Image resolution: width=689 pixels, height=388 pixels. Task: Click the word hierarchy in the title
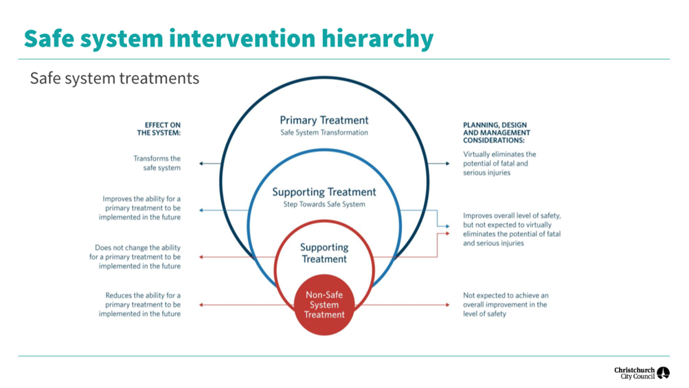click(x=377, y=38)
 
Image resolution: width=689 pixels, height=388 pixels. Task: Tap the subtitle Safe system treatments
click(x=115, y=78)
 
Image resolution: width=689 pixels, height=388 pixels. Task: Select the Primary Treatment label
click(x=324, y=120)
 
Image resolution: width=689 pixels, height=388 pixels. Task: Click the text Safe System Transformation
click(x=324, y=133)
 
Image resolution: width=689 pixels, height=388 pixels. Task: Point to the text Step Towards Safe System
click(x=324, y=204)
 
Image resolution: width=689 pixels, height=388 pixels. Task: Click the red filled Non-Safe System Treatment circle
click(x=324, y=305)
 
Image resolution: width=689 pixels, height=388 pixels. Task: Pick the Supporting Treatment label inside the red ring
click(x=324, y=253)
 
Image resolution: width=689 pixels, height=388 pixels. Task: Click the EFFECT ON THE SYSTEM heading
click(x=159, y=128)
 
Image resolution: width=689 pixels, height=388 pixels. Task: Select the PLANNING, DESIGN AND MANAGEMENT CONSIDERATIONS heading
click(x=497, y=133)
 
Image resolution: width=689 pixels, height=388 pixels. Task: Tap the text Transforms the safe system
click(x=157, y=163)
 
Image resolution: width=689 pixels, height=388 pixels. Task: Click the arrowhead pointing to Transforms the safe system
click(x=201, y=163)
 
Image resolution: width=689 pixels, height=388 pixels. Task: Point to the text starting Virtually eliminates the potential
click(x=499, y=163)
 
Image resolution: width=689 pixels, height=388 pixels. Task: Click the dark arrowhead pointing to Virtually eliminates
click(x=448, y=163)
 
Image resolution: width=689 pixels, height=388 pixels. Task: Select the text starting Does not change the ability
click(x=135, y=257)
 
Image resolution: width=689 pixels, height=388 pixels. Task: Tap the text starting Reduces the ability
click(x=139, y=304)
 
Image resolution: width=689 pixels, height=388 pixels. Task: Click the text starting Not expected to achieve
click(x=506, y=304)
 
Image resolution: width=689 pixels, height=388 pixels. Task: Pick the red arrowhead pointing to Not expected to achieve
click(x=448, y=304)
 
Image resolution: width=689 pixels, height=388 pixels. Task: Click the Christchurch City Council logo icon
click(x=663, y=373)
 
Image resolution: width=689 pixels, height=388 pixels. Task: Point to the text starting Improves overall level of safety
click(x=512, y=229)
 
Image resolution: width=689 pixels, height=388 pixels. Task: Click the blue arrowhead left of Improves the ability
click(x=201, y=210)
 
